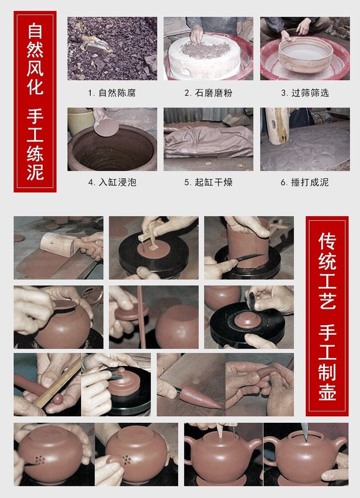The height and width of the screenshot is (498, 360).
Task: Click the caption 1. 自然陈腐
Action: tap(112, 93)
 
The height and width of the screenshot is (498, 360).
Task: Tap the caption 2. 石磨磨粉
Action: tap(208, 93)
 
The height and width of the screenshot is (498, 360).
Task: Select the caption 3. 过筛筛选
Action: tap(305, 93)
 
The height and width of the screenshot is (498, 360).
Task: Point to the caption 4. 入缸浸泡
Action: tap(112, 182)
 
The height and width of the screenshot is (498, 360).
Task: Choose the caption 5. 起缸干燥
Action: tap(208, 182)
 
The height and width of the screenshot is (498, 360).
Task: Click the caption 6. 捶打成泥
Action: tap(304, 182)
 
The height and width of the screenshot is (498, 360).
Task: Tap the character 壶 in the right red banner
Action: tap(327, 390)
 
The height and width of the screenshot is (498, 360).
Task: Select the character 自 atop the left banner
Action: tap(35, 30)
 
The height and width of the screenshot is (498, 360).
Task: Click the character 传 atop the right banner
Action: tap(327, 241)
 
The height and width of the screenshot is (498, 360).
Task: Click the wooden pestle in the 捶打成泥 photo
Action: tap(277, 125)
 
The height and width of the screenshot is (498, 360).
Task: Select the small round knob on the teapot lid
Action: tap(121, 371)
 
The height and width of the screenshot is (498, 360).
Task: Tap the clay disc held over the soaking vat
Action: tap(106, 127)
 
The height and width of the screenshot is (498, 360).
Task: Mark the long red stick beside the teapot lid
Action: tap(141, 317)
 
